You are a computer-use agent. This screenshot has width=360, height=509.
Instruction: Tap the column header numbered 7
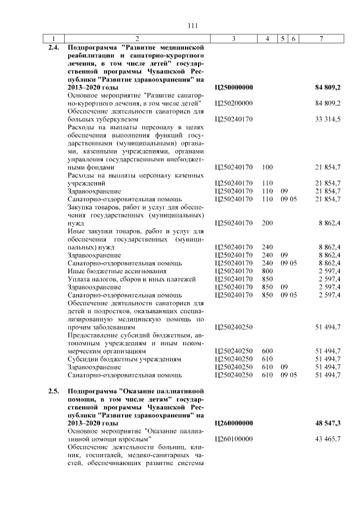tap(321, 38)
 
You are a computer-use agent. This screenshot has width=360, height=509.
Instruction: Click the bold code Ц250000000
tap(235, 88)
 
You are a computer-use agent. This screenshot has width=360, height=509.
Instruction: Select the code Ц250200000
tap(234, 103)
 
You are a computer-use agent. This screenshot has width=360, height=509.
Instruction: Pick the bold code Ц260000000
tap(235, 422)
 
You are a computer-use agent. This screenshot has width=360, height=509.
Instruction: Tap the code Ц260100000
tap(234, 438)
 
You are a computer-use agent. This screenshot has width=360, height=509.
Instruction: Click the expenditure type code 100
tap(267, 167)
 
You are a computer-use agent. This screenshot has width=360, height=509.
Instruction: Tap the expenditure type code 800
tap(267, 271)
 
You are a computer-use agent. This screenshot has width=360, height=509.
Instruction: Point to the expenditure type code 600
tap(267, 350)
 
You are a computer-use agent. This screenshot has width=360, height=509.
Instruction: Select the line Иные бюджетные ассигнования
tap(111, 271)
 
